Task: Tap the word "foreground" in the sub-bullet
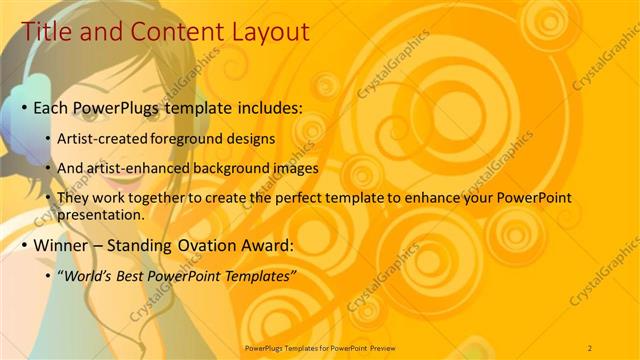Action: click(x=185, y=138)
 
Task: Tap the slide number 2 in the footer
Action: click(x=590, y=347)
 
